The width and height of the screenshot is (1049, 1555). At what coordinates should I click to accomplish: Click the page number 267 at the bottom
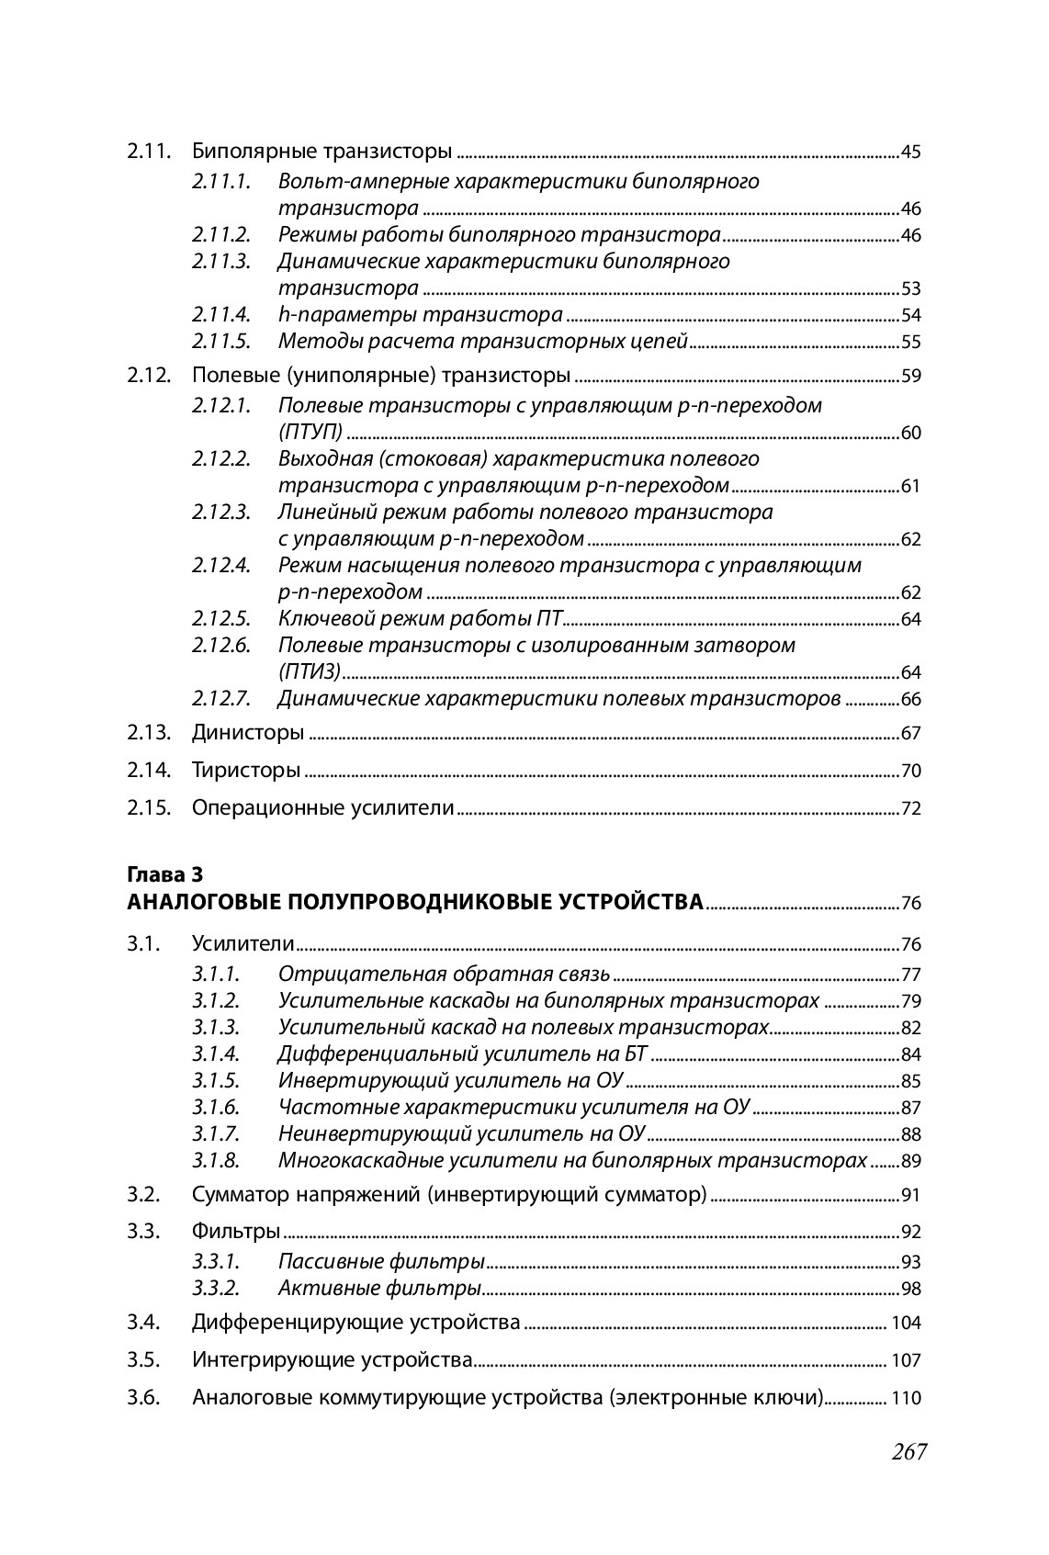908,1452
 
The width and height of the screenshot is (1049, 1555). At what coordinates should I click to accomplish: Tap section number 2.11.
149,152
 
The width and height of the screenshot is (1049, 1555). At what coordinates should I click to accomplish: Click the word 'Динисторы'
247,733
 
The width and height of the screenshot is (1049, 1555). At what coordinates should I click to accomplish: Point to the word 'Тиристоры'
246,770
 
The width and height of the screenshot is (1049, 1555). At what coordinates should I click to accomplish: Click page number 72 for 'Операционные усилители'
910,809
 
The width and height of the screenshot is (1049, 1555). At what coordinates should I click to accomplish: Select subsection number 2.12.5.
220,618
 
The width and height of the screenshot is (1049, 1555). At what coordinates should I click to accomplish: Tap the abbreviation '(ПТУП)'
310,433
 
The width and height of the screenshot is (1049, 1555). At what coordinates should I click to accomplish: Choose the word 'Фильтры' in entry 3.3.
235,1231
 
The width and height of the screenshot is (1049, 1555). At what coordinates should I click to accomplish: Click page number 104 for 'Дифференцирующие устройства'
906,1324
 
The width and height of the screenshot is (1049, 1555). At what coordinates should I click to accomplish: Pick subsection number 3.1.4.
216,1054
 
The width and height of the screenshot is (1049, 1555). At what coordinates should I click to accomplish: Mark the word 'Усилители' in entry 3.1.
243,943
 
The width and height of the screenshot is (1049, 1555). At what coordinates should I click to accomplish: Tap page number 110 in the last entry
906,1399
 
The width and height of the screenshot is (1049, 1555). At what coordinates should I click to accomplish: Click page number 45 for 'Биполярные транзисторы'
910,152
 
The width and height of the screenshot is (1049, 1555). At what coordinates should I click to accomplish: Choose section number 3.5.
145,1359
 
